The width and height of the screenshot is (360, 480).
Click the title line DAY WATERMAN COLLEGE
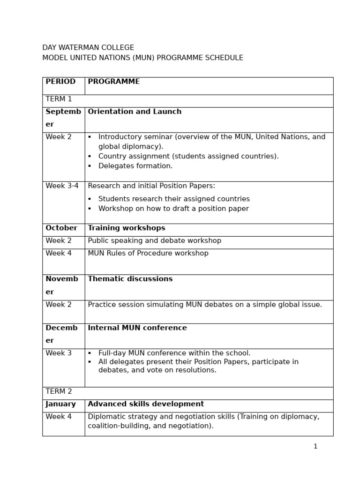[88, 48]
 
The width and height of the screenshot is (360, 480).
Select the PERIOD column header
[60, 82]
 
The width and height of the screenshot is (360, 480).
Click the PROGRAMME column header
[113, 82]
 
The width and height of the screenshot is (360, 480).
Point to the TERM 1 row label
[59, 99]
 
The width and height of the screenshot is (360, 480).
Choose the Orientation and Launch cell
[135, 112]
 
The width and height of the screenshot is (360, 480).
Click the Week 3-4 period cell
[62, 186]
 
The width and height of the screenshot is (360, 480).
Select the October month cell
[61, 228]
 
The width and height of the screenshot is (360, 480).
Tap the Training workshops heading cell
[127, 228]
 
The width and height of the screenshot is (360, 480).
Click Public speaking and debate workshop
[154, 241]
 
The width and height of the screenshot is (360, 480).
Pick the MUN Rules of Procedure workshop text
[148, 254]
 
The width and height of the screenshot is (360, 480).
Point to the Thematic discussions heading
[130, 279]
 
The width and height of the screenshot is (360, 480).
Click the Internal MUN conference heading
[137, 328]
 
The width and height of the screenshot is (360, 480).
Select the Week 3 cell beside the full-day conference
[59, 353]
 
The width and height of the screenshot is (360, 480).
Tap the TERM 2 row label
[59, 392]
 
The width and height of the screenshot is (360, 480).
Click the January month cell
[60, 405]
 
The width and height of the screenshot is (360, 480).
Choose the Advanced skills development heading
[146, 405]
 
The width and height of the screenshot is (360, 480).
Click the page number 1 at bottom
[315, 447]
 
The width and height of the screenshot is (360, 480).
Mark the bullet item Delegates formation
[135, 166]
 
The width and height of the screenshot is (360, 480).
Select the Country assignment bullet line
[188, 157]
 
